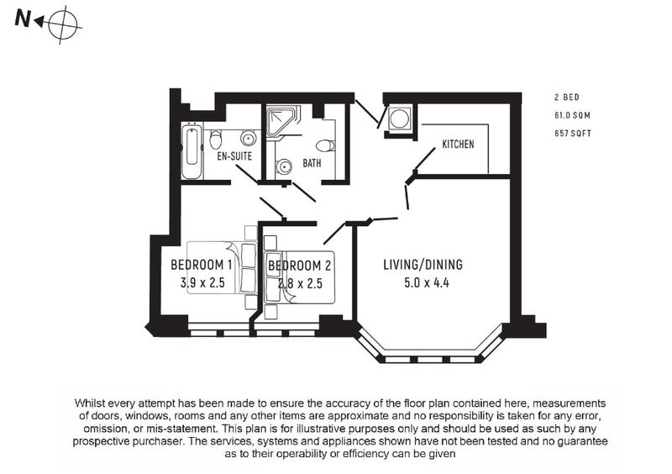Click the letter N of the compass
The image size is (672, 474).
23,18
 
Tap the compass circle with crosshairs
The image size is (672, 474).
62,25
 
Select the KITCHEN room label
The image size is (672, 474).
458,144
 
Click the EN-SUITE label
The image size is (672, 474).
234,155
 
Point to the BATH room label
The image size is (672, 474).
312,163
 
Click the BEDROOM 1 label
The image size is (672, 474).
201,265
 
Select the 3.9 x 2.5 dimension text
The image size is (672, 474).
202,282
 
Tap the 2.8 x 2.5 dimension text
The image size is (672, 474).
300,283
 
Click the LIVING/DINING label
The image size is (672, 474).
423,264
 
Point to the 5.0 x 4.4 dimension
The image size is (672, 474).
427,282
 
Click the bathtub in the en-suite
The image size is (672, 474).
192,151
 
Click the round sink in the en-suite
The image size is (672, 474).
248,139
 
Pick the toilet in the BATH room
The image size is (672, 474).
326,146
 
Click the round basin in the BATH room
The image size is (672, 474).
283,166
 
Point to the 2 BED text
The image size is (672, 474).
566,97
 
